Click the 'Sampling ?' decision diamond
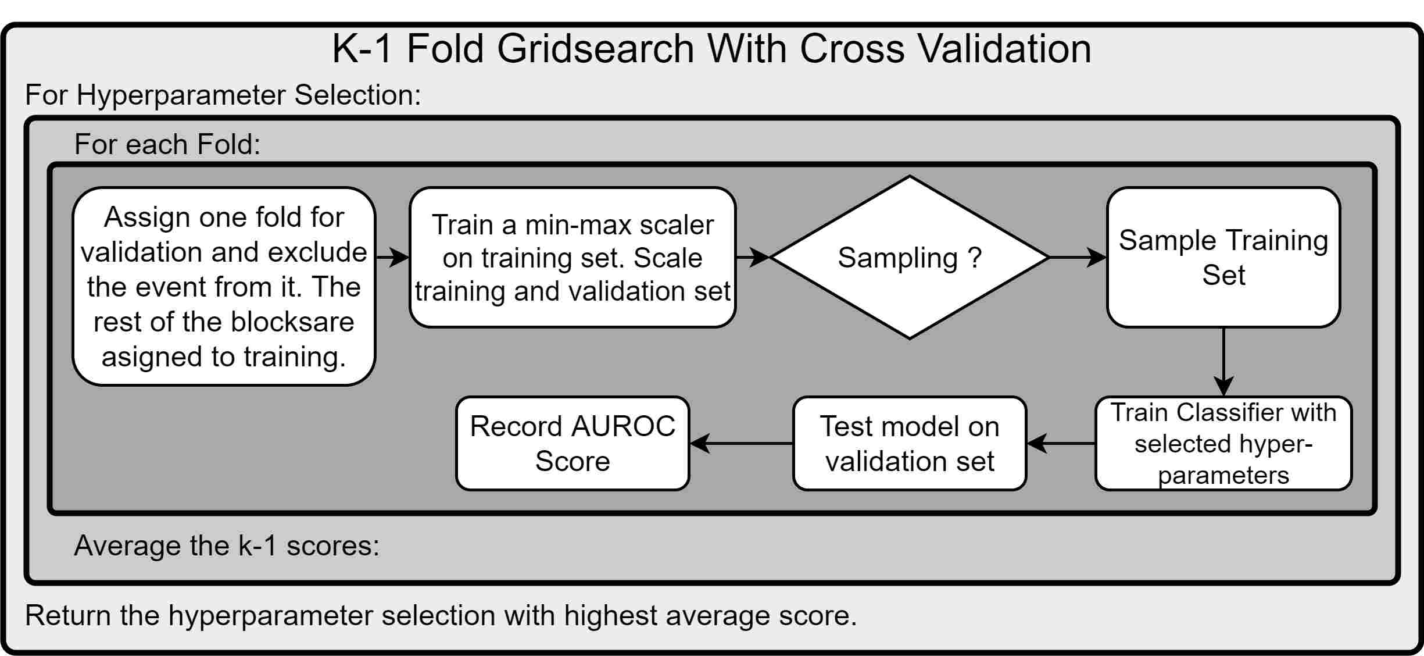pyautogui.click(x=910, y=257)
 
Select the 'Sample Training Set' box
pyautogui.click(x=1223, y=257)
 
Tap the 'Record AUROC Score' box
pyautogui.click(x=573, y=443)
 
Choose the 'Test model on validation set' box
pyautogui.click(x=910, y=443)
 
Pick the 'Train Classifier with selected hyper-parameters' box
pyautogui.click(x=1223, y=443)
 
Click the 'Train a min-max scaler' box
pyautogui.click(x=573, y=257)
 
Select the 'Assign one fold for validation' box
pyautogui.click(x=224, y=286)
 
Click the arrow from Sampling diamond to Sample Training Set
pyautogui.click(x=1078, y=257)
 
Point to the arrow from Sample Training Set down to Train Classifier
pyautogui.click(x=1223, y=362)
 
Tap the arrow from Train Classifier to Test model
pyautogui.click(x=1061, y=443)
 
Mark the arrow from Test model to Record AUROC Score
pyautogui.click(x=742, y=443)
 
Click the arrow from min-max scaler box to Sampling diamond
pyautogui.click(x=753, y=257)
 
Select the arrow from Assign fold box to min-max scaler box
pyautogui.click(x=393, y=257)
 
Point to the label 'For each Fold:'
pyautogui.click(x=167, y=144)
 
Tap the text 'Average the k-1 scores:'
pyautogui.click(x=227, y=546)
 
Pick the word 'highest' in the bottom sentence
pyautogui.click(x=610, y=615)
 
